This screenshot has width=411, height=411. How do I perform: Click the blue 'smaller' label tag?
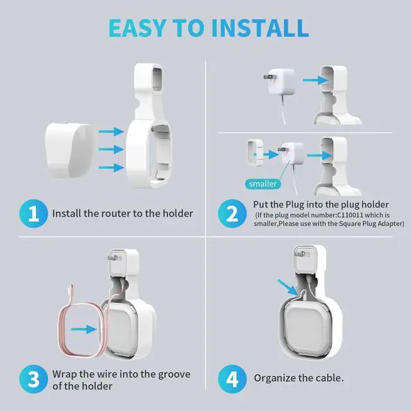(x=262, y=184)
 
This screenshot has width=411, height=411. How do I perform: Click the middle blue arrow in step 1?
(x=111, y=149)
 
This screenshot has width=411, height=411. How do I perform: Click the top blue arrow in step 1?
(x=111, y=131)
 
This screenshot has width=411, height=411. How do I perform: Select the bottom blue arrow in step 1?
(x=111, y=168)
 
